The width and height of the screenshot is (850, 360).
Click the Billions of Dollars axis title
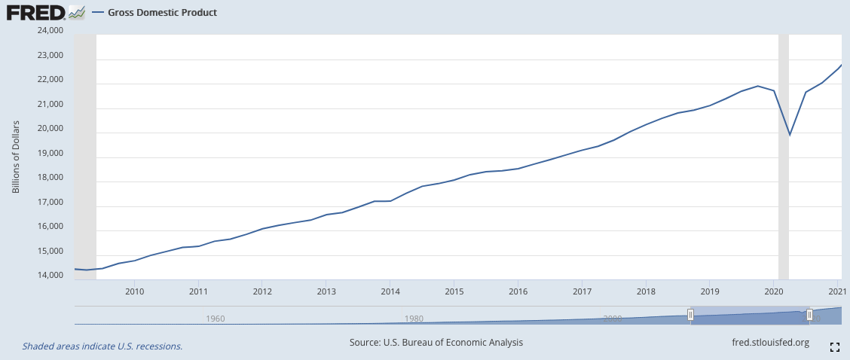point(16,156)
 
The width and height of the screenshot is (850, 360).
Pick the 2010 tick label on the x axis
point(134,291)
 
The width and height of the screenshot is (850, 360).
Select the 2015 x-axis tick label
point(454,291)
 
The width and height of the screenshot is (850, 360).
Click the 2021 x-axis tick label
point(835,291)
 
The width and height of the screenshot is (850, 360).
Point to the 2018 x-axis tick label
point(645,291)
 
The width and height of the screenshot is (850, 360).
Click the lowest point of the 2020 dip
point(790,136)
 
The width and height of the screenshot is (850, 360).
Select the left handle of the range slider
point(690,315)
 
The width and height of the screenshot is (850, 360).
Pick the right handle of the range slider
point(809,315)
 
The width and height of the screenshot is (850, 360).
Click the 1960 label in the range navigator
point(216,319)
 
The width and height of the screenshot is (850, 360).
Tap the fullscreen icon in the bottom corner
point(834,346)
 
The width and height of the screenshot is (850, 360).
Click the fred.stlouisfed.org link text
point(770,343)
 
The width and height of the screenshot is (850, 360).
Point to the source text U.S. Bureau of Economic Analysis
point(436,343)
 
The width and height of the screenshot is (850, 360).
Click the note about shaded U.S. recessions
point(102,346)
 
